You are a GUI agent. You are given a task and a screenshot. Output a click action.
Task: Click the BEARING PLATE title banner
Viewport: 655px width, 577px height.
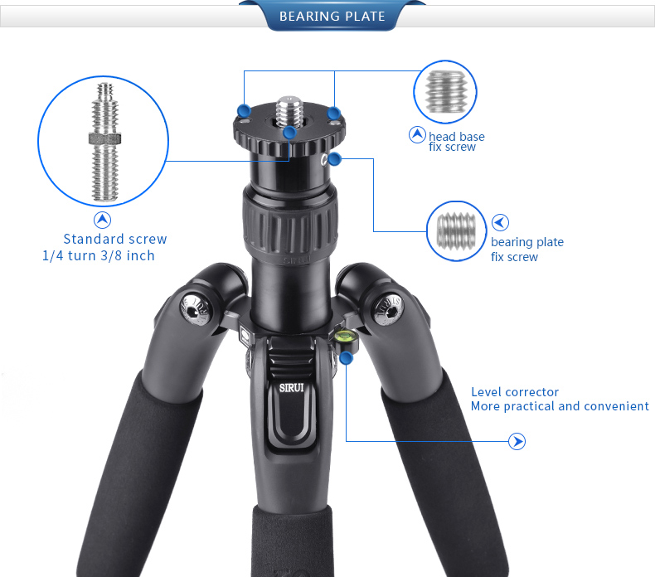tap(332, 16)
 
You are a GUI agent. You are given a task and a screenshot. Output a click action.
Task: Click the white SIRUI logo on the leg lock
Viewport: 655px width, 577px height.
tap(292, 388)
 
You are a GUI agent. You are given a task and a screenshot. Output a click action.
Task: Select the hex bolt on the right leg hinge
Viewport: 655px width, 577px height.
tap(388, 308)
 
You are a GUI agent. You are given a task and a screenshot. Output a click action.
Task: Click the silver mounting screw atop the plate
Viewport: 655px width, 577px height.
tap(289, 111)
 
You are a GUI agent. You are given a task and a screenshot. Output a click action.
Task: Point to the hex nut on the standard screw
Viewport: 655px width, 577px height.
tap(104, 138)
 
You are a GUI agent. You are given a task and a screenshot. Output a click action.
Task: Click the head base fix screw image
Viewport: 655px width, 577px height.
tap(445, 92)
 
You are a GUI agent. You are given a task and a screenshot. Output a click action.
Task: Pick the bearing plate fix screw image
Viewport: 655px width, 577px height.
tap(456, 231)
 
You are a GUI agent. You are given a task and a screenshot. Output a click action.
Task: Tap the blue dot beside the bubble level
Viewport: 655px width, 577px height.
tap(347, 358)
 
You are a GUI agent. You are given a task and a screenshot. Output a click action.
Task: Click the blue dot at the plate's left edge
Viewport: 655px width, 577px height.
tap(244, 111)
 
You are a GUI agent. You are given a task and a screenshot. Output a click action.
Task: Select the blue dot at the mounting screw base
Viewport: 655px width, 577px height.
tap(289, 133)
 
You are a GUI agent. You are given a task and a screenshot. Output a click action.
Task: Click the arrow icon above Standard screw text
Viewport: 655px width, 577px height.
tap(102, 221)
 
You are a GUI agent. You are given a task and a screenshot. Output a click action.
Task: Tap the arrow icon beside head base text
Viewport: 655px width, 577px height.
tap(417, 134)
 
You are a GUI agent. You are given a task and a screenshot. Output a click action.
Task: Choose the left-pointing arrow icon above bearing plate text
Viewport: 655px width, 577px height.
tap(500, 223)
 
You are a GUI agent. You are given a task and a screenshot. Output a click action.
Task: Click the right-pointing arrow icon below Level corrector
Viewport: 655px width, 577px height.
tap(517, 442)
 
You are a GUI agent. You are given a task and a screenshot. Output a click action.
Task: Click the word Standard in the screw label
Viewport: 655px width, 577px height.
tap(88, 239)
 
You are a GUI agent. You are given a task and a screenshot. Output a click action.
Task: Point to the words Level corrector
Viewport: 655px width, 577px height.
tap(515, 392)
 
